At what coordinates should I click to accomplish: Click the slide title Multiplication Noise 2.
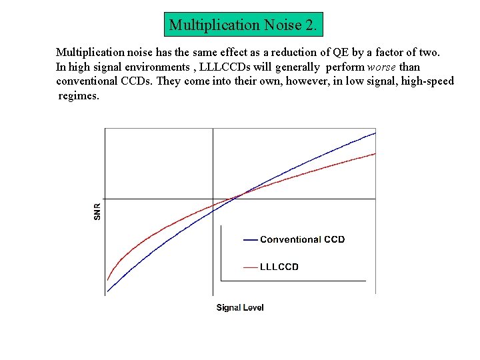coord(244,25)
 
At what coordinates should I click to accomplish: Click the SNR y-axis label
coord(97,211)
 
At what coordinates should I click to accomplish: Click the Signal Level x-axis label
coord(240,307)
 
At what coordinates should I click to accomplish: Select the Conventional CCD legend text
coord(302,239)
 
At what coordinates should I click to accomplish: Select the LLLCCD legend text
coord(279,267)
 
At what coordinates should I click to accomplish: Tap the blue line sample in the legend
coord(251,239)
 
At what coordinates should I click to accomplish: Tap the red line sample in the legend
coord(251,267)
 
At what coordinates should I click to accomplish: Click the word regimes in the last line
coord(78,96)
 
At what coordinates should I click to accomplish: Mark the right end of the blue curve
coord(375,133)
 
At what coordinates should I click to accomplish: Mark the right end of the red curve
coord(375,153)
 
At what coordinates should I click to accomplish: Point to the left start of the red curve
coord(108,279)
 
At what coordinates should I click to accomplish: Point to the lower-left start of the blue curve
coord(107,291)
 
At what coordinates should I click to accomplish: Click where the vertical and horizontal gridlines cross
coord(213,199)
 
